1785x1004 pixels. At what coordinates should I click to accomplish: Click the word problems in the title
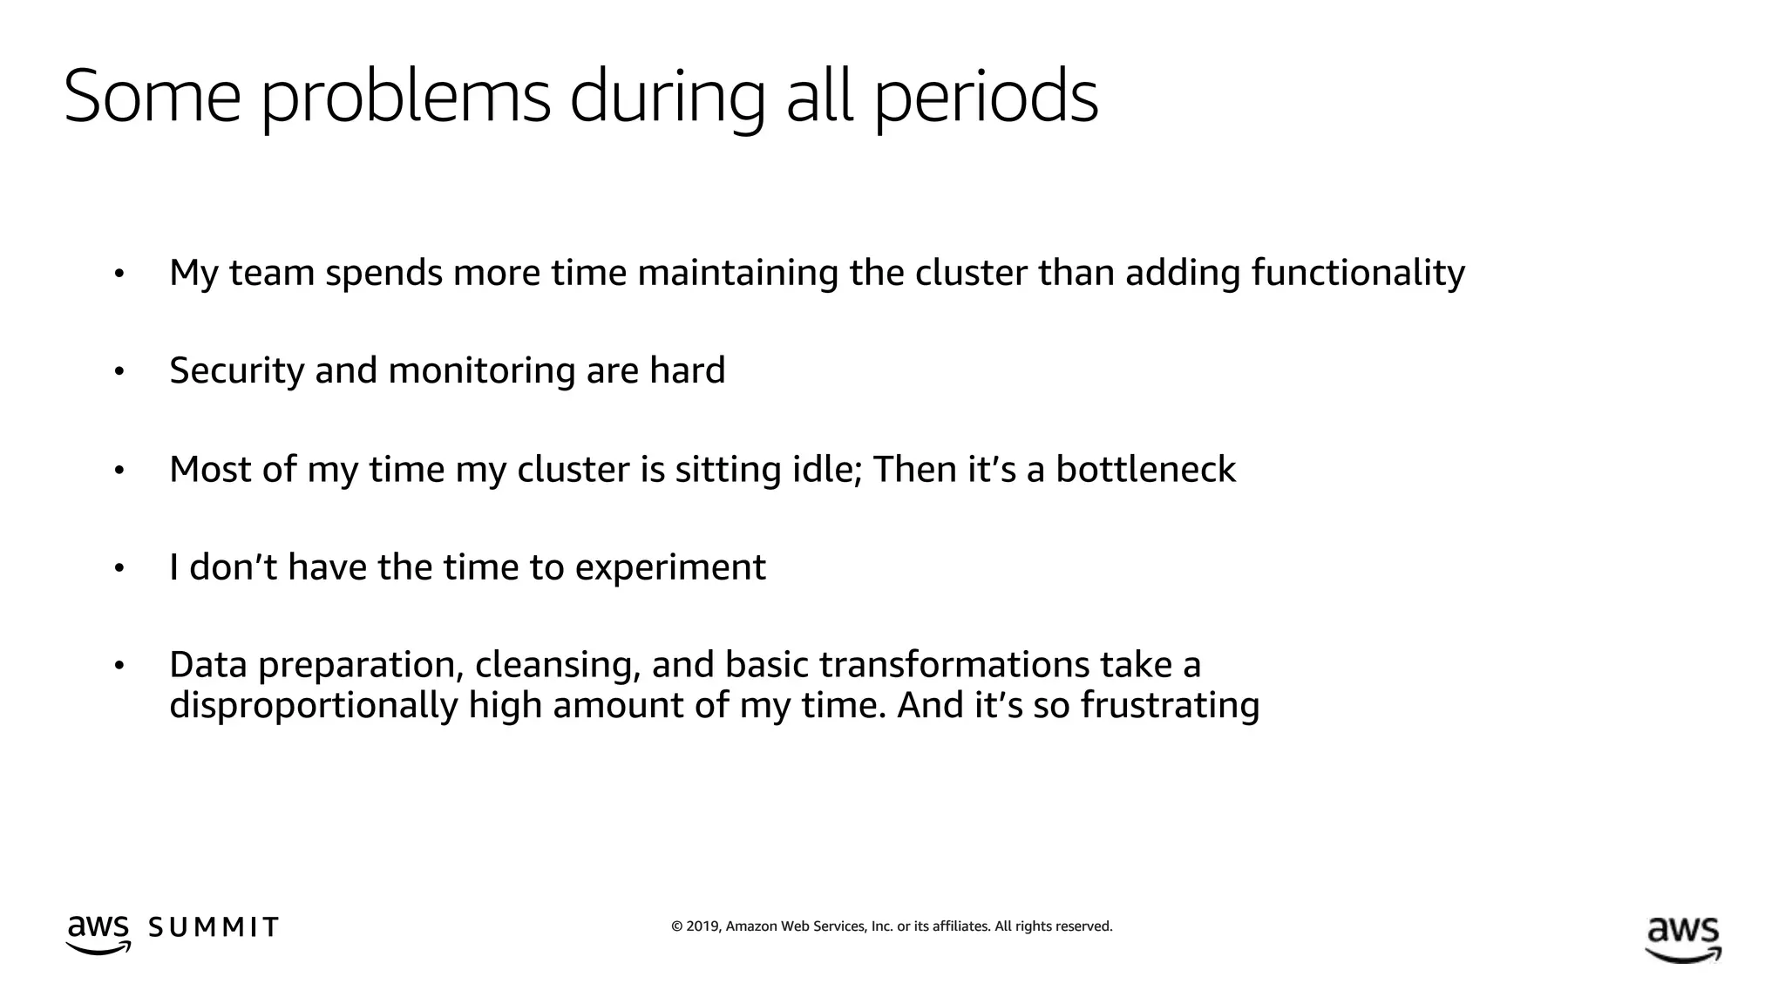(405, 98)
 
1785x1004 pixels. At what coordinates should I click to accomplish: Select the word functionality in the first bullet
(1358, 273)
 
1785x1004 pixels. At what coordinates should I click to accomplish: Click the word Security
(235, 371)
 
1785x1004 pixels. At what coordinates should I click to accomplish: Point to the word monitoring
(482, 371)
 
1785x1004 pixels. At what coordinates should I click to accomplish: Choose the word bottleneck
(1145, 470)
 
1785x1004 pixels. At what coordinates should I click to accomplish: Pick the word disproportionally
(313, 705)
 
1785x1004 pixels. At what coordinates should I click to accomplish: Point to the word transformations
(953, 665)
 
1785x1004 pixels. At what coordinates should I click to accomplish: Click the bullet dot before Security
(119, 372)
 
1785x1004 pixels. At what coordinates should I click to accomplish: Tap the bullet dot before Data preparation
(119, 667)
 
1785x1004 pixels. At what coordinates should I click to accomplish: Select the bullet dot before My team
(119, 275)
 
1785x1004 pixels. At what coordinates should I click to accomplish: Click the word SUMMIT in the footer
(214, 927)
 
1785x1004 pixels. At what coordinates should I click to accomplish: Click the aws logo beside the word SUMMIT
(98, 933)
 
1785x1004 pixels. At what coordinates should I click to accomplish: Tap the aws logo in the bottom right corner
(1682, 939)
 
